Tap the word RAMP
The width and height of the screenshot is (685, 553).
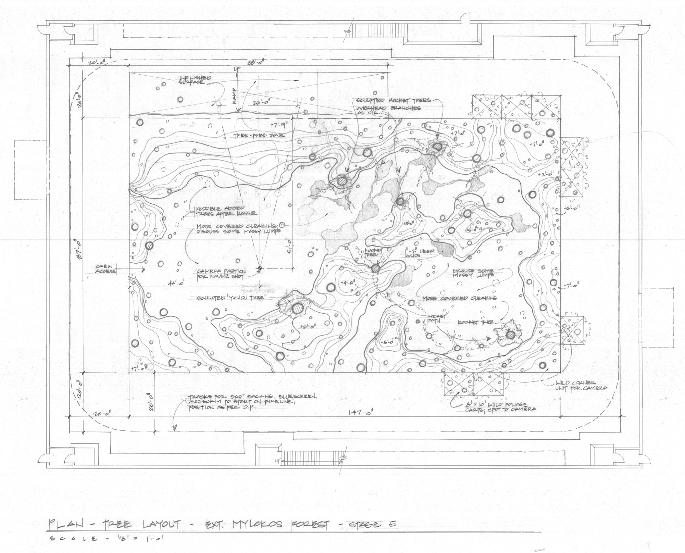point(235,100)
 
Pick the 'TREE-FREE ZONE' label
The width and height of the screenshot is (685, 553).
point(259,136)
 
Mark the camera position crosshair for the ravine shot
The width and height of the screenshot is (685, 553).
point(260,268)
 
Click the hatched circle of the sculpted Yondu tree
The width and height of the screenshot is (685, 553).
point(297,309)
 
